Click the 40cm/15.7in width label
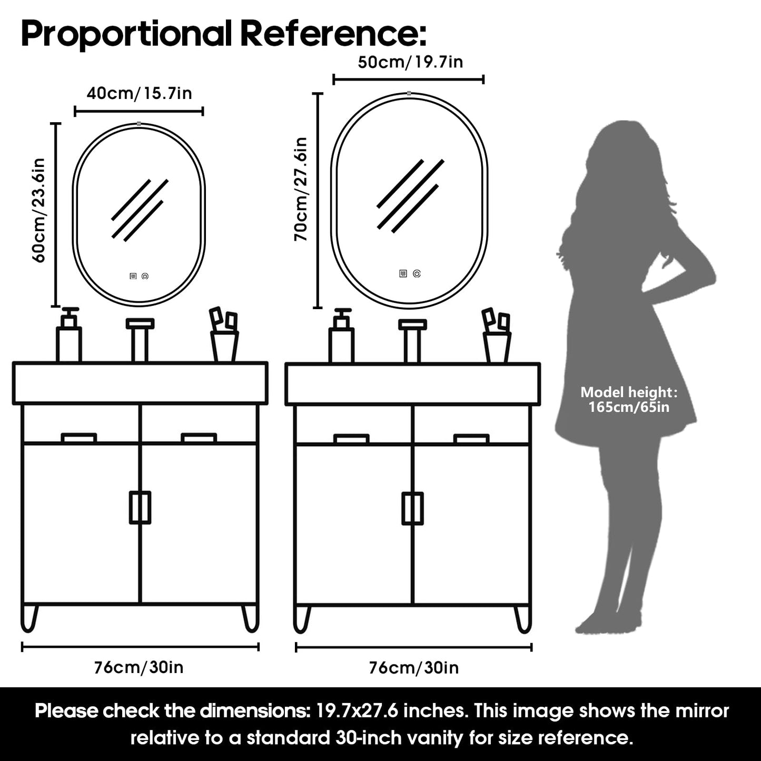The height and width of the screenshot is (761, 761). pyautogui.click(x=139, y=94)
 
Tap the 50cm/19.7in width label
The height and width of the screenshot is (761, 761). pyautogui.click(x=410, y=62)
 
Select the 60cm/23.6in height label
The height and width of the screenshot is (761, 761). pyautogui.click(x=38, y=210)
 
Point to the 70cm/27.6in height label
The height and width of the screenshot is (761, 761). pyautogui.click(x=300, y=189)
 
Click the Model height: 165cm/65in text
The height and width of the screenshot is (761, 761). pyautogui.click(x=629, y=399)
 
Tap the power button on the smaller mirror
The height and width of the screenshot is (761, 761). pyautogui.click(x=145, y=276)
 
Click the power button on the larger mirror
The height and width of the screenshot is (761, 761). pyautogui.click(x=417, y=273)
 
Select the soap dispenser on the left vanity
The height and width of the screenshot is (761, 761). pyautogui.click(x=69, y=334)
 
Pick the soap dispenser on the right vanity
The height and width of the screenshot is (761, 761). pyautogui.click(x=342, y=335)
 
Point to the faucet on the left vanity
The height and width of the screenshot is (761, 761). pyautogui.click(x=140, y=340)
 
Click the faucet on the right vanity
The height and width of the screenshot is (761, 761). pyautogui.click(x=412, y=341)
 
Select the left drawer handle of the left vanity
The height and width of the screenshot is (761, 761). pyautogui.click(x=79, y=438)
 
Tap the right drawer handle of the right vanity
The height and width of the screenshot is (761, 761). pyautogui.click(x=471, y=439)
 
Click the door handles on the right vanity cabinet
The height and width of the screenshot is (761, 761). pyautogui.click(x=413, y=508)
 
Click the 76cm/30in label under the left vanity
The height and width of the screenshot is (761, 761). pyautogui.click(x=139, y=667)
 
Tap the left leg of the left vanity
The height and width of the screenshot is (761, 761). pyautogui.click(x=29, y=619)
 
